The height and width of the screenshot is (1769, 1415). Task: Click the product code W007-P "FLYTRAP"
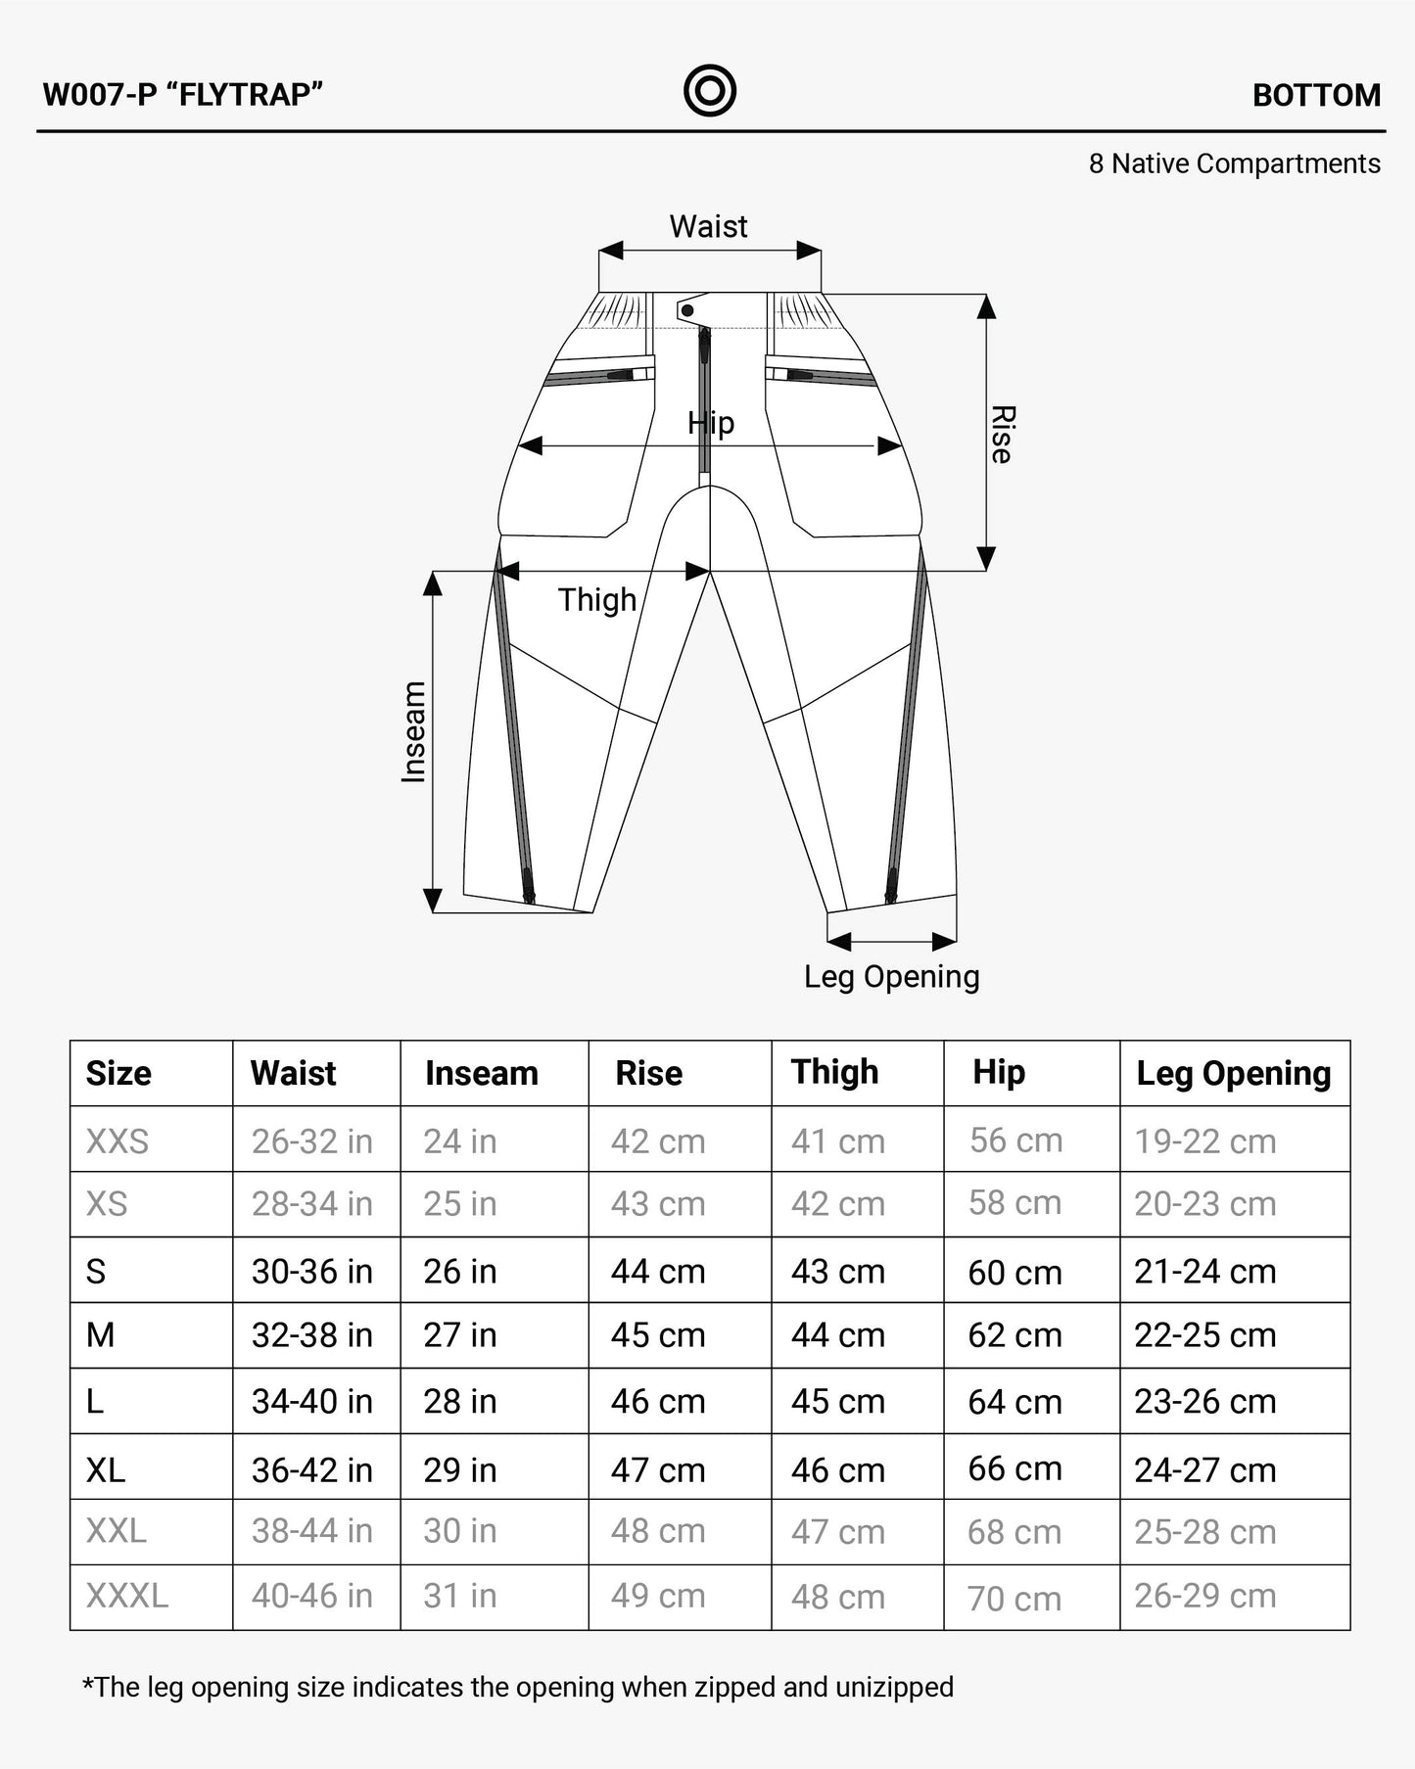(183, 95)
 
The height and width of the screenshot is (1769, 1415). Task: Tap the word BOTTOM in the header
(1316, 95)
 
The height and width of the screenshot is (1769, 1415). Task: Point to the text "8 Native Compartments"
(1234, 163)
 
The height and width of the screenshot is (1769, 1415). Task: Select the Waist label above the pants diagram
(708, 226)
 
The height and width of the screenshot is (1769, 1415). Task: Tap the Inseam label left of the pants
(414, 731)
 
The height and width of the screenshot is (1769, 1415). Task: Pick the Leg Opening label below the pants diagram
(891, 976)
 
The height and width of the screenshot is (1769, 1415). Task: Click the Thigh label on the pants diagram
(596, 599)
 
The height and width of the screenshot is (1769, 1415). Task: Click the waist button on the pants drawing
(687, 310)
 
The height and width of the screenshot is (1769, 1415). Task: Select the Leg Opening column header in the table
(1233, 1073)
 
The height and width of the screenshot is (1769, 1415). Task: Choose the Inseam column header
(481, 1073)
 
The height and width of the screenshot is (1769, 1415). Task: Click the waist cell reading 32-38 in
(311, 1334)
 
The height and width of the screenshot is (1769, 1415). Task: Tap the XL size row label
(106, 1469)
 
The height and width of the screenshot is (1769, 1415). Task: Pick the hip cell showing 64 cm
(1014, 1401)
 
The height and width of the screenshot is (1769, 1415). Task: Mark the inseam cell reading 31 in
(459, 1596)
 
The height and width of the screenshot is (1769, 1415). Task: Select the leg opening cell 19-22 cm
(1204, 1141)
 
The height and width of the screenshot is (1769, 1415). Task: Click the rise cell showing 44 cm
(658, 1271)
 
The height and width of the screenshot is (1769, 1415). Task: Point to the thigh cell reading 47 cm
(837, 1531)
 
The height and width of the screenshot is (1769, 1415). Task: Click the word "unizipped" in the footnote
(894, 1687)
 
